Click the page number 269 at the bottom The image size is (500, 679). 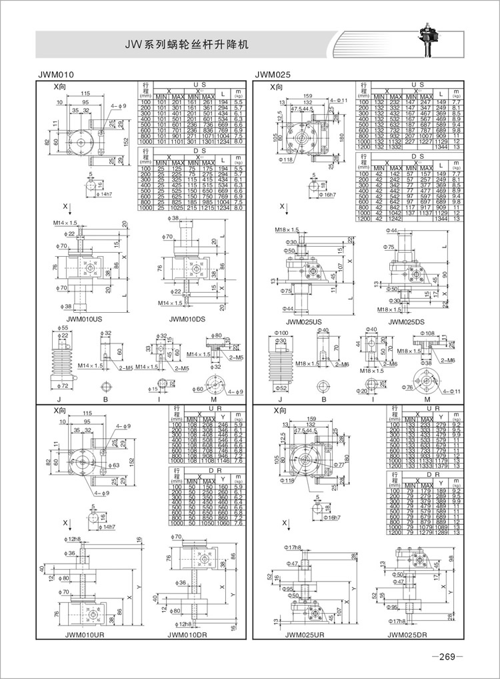click(x=445, y=657)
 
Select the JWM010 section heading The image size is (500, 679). click(x=56, y=75)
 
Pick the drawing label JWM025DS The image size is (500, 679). click(x=405, y=321)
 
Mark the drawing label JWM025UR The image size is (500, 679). click(x=305, y=635)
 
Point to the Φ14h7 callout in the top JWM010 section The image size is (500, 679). click(x=107, y=193)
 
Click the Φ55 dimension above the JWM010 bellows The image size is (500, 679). click(x=65, y=329)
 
